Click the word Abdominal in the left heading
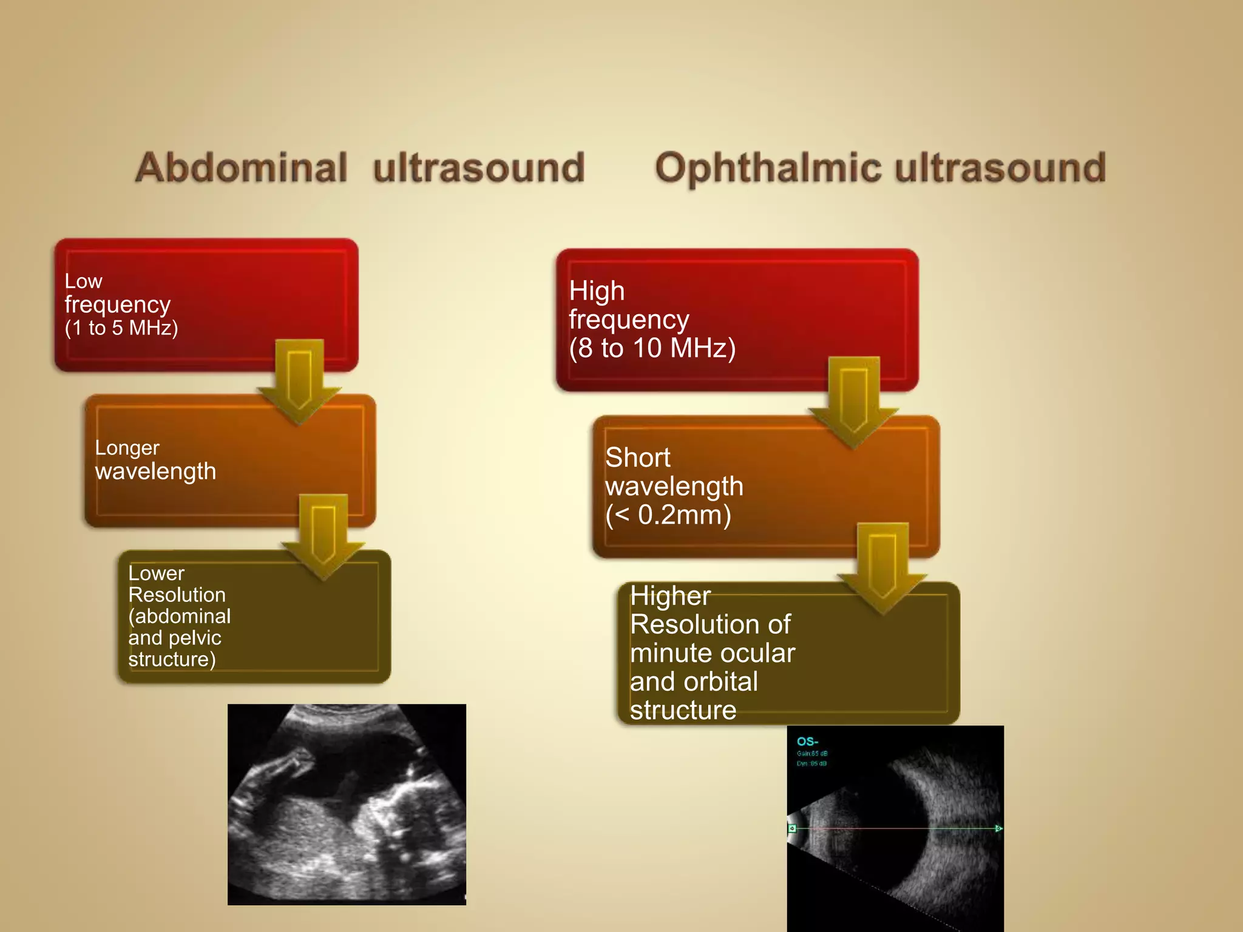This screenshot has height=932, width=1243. (241, 167)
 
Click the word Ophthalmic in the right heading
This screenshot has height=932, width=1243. (770, 169)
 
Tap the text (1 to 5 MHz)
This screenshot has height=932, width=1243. (121, 328)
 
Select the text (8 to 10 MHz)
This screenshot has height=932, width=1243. (652, 348)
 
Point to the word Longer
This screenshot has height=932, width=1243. (127, 448)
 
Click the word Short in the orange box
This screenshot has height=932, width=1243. (637, 458)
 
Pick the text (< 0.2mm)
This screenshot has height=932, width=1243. (668, 515)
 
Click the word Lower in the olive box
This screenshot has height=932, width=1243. (156, 573)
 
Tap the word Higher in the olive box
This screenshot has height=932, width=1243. (670, 596)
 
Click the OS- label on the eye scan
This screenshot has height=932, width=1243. (807, 741)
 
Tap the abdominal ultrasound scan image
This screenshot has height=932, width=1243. (347, 804)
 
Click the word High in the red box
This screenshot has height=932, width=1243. (597, 291)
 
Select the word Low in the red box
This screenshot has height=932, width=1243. (83, 282)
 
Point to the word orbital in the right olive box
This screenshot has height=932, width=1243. (722, 682)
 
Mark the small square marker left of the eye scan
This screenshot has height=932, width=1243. (792, 828)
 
